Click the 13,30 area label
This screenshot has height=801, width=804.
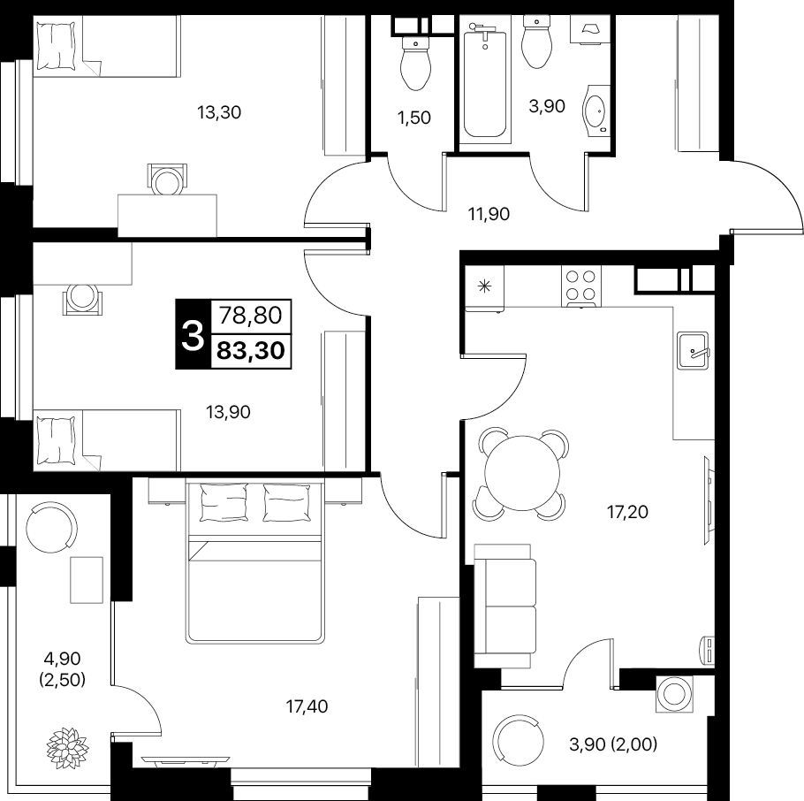[x=219, y=112]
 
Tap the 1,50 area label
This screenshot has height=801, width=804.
[x=413, y=118]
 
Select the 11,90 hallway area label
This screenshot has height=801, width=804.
[x=489, y=214]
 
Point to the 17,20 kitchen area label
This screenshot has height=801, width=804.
[x=627, y=512]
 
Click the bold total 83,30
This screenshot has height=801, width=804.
[x=251, y=351]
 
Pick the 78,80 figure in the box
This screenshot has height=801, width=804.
[x=251, y=315]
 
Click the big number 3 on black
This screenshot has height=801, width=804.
[x=193, y=334]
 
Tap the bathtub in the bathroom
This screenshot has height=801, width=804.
[x=484, y=83]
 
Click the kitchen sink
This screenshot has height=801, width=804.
[x=693, y=350]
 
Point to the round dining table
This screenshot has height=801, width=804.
[x=522, y=473]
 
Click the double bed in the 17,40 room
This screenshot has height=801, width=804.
[x=254, y=561]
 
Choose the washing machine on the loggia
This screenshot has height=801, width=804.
[x=675, y=694]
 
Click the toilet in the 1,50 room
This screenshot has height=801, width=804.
[x=415, y=63]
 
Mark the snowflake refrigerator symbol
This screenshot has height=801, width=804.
[x=484, y=286]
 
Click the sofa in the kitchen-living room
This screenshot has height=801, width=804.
[x=505, y=606]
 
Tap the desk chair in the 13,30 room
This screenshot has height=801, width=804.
[x=167, y=179]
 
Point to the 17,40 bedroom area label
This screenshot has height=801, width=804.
[x=307, y=706]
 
